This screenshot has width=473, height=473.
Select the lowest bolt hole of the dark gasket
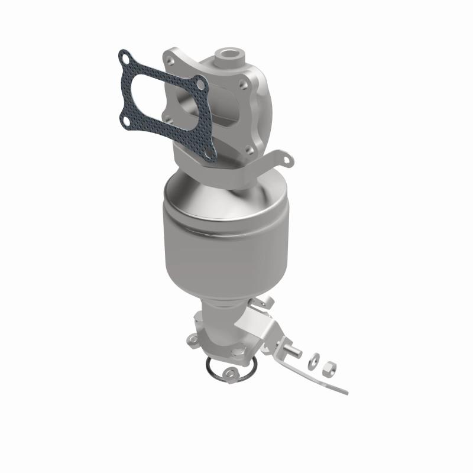[208, 155]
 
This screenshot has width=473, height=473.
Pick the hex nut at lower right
[327, 369]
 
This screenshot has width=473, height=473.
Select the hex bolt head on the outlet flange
[239, 354]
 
